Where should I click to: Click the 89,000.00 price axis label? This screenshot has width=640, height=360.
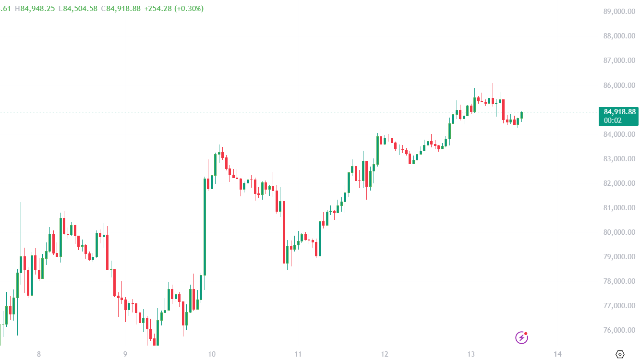619,12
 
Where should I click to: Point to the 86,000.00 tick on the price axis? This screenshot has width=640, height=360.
619,85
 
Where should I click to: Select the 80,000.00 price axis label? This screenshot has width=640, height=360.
619,232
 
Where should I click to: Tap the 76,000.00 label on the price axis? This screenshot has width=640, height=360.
619,330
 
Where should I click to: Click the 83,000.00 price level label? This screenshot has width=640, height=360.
619,159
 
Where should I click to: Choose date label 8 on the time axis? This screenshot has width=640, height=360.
39,354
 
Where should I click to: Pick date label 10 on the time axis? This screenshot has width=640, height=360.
212,354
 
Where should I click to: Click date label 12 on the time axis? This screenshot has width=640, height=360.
385,354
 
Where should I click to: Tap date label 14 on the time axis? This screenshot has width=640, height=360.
557,354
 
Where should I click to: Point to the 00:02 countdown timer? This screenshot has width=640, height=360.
613,120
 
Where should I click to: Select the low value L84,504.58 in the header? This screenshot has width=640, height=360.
78,9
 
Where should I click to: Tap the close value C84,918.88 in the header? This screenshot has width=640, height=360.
121,9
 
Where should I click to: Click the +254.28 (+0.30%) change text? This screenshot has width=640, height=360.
174,9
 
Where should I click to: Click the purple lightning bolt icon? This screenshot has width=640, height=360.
521,337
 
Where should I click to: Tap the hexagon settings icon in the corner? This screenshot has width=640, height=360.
620,354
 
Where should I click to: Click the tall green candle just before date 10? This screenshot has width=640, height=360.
205,226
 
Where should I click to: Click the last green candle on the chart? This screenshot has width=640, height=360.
521,115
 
